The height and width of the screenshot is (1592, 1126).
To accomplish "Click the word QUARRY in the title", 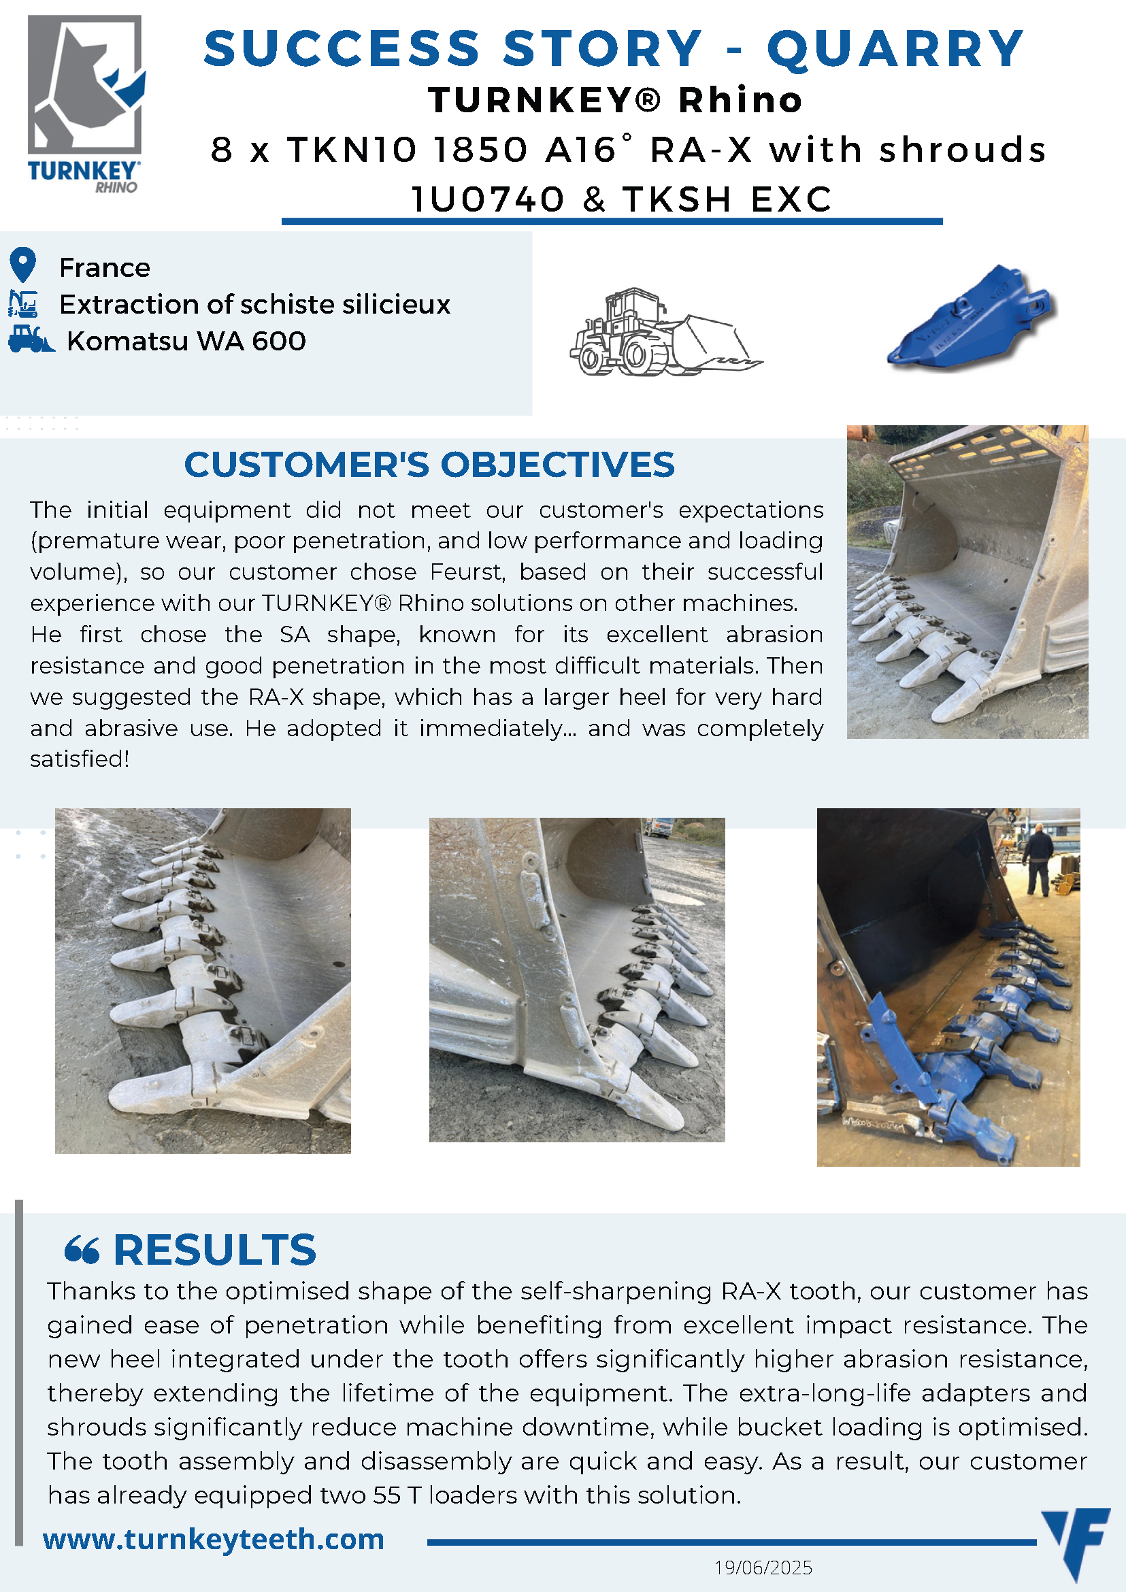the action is click(x=895, y=49).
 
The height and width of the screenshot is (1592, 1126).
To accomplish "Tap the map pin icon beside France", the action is click(x=23, y=264).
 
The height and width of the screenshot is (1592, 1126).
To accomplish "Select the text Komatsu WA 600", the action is click(x=186, y=341).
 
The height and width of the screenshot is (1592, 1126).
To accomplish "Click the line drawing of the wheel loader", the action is click(x=665, y=332).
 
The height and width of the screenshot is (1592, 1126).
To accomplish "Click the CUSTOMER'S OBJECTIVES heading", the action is click(x=429, y=465).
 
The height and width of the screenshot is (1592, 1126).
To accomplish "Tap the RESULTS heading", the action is click(x=215, y=1250).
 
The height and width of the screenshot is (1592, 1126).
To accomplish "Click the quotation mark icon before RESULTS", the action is click(x=82, y=1250).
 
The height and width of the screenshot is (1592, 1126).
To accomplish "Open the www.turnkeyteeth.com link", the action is click(x=214, y=1539).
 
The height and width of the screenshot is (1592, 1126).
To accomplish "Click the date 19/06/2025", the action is click(x=763, y=1568).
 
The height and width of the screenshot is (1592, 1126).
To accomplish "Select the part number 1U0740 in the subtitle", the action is click(x=488, y=200).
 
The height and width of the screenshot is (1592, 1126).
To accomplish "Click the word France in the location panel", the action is click(x=105, y=267).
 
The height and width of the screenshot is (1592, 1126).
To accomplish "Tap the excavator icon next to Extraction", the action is click(x=23, y=303).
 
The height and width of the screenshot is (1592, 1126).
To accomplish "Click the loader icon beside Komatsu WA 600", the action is click(x=31, y=339).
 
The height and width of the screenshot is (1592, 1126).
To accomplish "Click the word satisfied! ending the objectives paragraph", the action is click(x=80, y=759).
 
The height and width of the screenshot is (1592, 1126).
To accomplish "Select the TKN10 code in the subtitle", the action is click(x=352, y=150).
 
